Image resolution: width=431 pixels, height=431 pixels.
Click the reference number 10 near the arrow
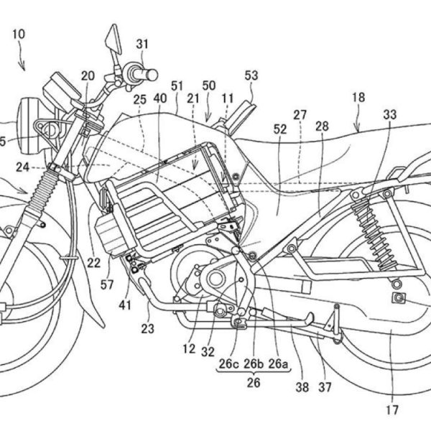pos(18,33)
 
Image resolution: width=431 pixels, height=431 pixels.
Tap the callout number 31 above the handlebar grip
pos(142,44)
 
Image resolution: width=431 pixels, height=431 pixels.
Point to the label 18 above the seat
pos(358,97)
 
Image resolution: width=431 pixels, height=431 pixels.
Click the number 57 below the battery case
pos(107,285)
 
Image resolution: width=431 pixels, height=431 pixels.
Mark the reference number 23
pos(147,310)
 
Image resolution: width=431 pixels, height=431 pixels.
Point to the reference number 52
pos(280,129)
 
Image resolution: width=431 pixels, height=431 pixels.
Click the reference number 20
pos(88,75)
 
